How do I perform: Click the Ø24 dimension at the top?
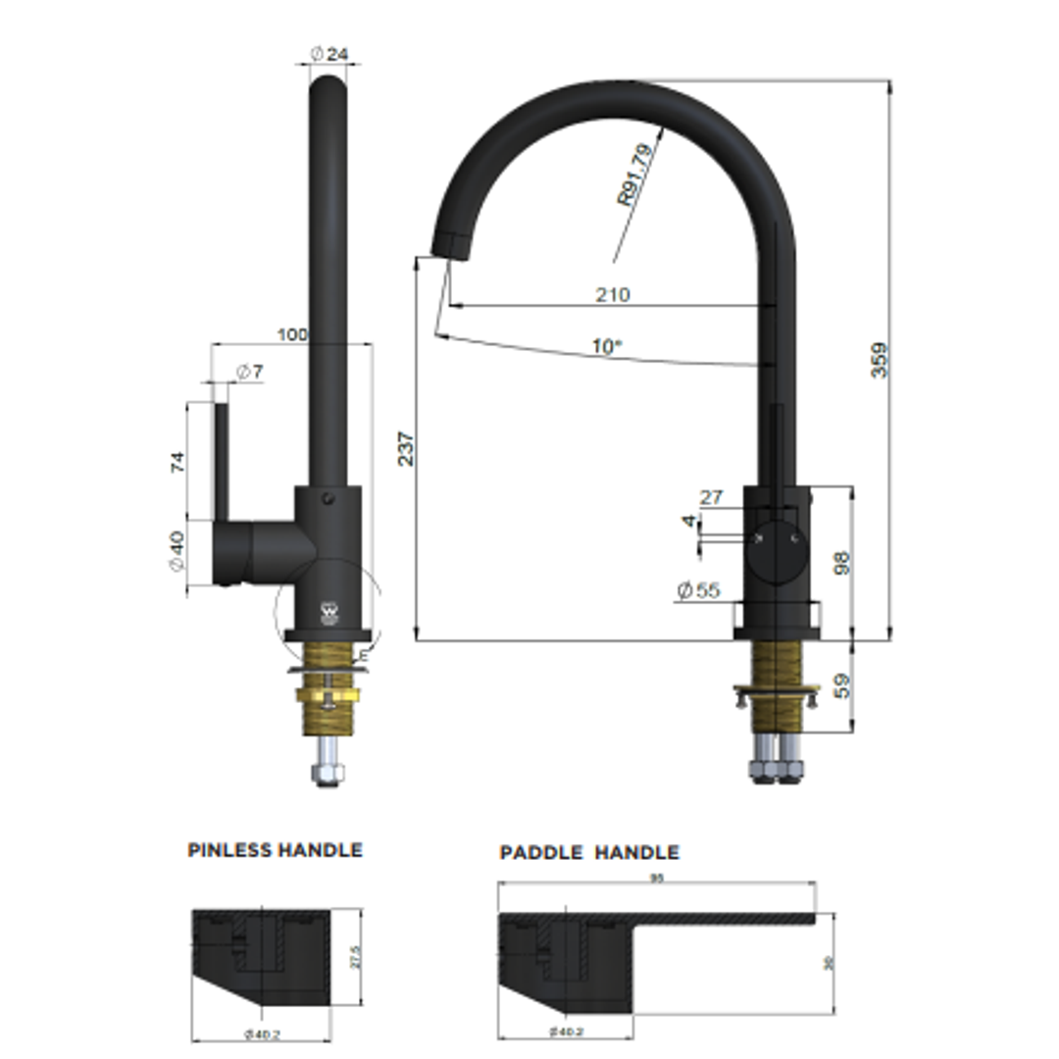pos(329,55)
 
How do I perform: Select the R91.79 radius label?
pos(634,175)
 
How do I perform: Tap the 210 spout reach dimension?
pos(612,294)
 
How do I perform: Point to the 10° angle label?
pos(606,346)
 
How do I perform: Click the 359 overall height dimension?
pos(881,359)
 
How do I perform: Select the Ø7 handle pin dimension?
pos(249,372)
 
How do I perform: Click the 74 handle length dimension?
pos(177,461)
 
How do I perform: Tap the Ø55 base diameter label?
pos(697,590)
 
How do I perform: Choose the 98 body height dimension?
pos(840,562)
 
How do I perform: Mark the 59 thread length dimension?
pos(840,684)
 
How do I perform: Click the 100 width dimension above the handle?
pos(292,334)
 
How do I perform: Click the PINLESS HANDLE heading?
pos(275,850)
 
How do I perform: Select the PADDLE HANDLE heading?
pos(588,852)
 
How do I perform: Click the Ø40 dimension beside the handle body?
pos(177,552)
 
